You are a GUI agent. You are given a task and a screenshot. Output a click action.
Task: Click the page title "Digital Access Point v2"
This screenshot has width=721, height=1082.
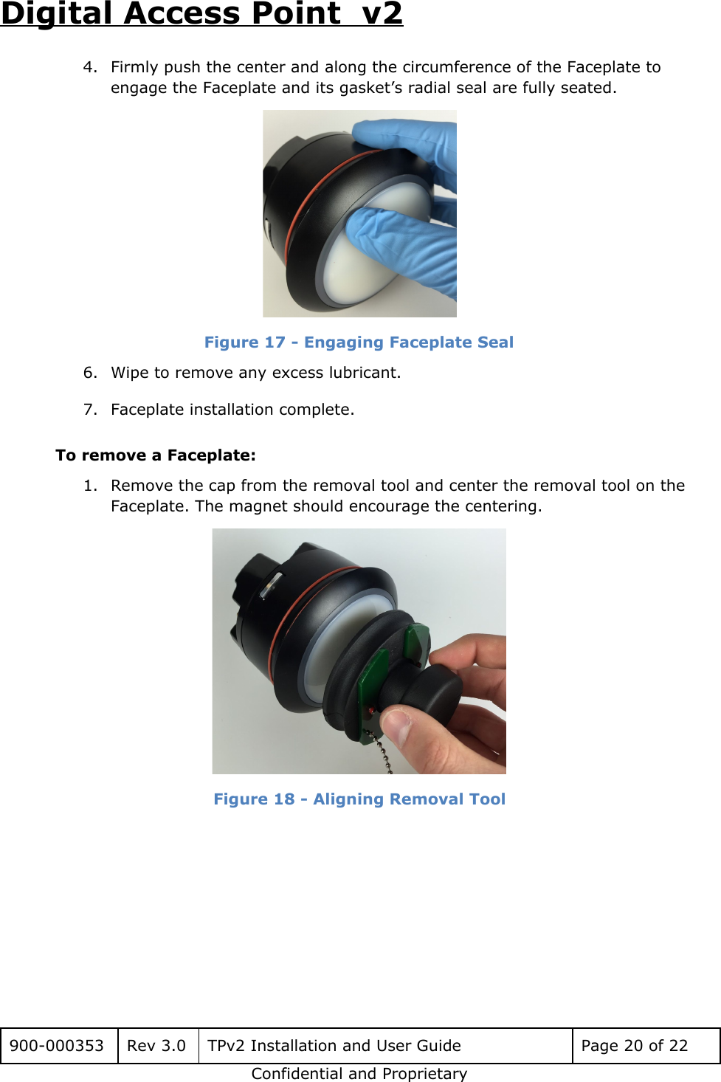(x=201, y=14)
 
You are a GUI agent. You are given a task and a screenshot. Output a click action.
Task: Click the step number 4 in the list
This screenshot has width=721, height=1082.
(x=89, y=67)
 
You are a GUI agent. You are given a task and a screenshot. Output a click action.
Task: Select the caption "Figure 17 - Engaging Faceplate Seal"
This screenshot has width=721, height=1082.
(x=359, y=342)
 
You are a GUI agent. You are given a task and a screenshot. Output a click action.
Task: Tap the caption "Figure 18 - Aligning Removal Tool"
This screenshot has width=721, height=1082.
(x=359, y=799)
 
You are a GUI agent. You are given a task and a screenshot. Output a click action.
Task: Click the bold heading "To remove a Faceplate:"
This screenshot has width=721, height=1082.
(x=156, y=455)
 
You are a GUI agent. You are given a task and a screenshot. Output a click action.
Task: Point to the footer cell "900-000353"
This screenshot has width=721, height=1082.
(x=57, y=1046)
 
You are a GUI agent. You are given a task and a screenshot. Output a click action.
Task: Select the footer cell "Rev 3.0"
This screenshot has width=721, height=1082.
(x=156, y=1046)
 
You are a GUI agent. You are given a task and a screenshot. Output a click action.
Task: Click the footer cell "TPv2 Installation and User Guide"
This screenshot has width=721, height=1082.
(x=334, y=1046)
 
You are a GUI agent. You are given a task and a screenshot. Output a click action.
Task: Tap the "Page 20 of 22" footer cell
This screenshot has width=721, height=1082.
(x=634, y=1046)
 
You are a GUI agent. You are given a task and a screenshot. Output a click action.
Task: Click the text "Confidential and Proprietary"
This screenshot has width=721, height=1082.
(x=359, y=1074)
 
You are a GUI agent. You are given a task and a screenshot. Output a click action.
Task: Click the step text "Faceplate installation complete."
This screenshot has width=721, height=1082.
(x=232, y=410)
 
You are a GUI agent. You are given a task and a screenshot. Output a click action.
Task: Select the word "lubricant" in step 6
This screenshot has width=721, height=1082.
(x=363, y=373)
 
